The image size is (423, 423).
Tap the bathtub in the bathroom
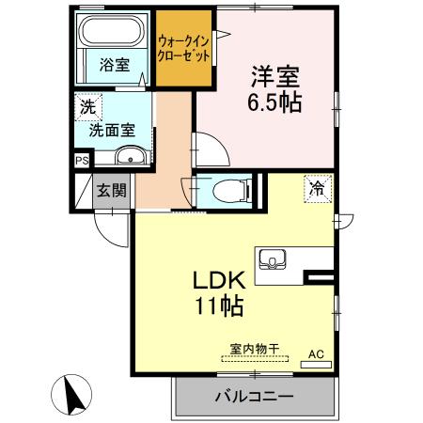(114, 31)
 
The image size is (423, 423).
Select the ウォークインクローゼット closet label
(184, 47)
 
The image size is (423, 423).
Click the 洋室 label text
(276, 73)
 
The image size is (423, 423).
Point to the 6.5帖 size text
(276, 102)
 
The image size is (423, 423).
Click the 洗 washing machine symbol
(86, 107)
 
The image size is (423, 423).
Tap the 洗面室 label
(111, 131)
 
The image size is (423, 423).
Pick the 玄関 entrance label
(112, 191)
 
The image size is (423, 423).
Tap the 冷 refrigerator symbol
(318, 189)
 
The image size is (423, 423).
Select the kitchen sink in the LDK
(272, 259)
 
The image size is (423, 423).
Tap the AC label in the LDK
(317, 353)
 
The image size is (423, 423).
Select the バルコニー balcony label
(254, 396)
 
